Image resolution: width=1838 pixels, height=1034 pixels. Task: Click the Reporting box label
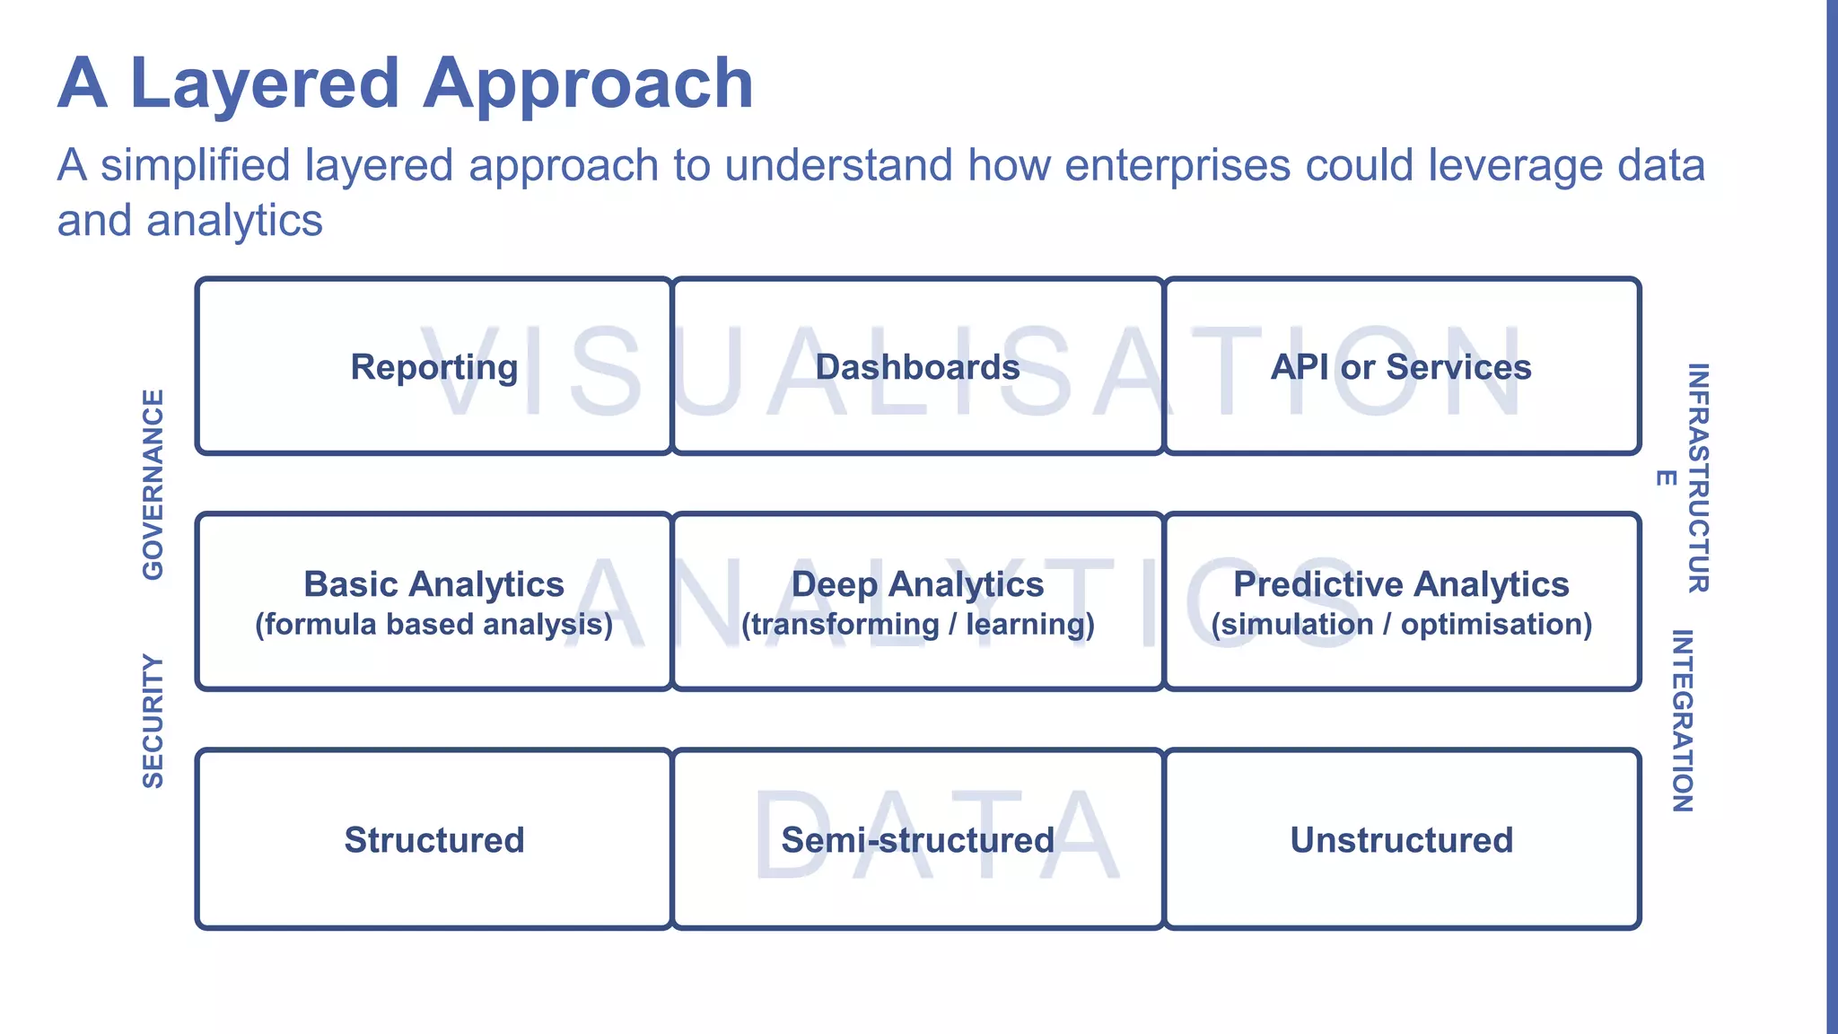(x=434, y=367)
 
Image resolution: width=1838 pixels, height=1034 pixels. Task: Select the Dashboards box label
(x=917, y=367)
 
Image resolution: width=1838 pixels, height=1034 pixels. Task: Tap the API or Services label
(x=1401, y=367)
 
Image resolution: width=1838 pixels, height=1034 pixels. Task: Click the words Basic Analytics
(x=434, y=584)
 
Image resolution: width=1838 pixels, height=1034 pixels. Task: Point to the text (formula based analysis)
(x=434, y=625)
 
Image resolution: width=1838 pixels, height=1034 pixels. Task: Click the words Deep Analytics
(x=917, y=584)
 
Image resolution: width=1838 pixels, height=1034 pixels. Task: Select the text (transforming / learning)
(x=917, y=625)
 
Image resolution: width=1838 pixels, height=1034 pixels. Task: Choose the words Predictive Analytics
(x=1401, y=584)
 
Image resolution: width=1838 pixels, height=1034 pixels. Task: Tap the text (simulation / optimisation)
(x=1401, y=625)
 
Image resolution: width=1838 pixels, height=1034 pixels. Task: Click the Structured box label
(x=434, y=840)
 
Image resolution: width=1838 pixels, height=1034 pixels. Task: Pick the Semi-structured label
(x=917, y=840)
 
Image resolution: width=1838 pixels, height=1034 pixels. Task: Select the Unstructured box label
(x=1401, y=840)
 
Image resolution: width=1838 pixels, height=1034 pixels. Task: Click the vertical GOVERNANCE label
(x=153, y=485)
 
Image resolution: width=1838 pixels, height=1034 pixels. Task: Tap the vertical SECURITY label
(x=153, y=722)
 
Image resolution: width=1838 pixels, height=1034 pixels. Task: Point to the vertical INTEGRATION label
(x=1683, y=721)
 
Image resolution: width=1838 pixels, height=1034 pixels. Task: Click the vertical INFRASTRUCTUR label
(x=1698, y=478)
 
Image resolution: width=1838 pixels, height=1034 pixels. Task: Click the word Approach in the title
(x=588, y=83)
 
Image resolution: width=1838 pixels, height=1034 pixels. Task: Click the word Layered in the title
(x=265, y=83)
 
